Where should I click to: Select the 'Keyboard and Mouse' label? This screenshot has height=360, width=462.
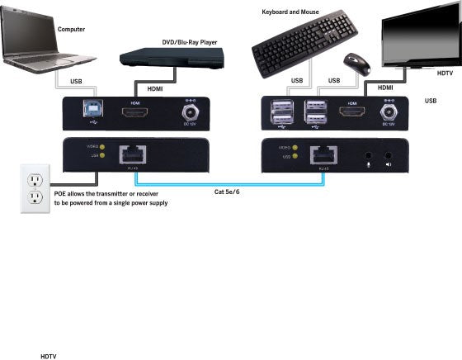(x=291, y=12)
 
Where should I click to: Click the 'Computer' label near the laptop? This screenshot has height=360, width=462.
(x=71, y=29)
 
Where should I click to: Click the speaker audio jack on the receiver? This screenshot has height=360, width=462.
(x=388, y=154)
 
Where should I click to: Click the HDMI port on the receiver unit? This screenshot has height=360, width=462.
(x=351, y=111)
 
